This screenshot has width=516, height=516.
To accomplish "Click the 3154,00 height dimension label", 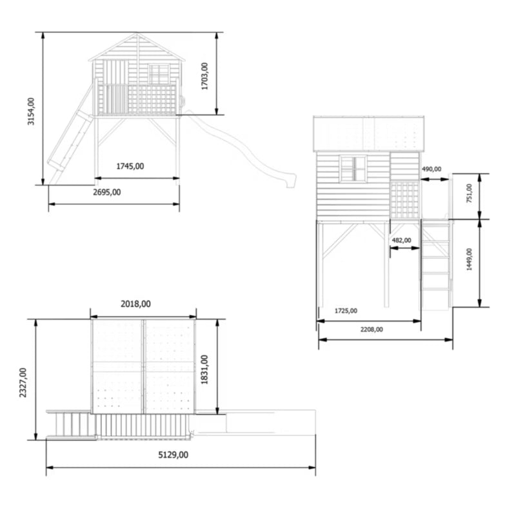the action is [31, 111].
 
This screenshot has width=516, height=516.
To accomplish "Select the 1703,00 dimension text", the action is [204, 76].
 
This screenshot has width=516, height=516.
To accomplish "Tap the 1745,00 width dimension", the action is [130, 166].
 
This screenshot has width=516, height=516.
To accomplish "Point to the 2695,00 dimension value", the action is [107, 192].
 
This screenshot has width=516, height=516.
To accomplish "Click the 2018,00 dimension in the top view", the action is [135, 304].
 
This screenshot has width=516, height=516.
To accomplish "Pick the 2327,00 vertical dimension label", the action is [23, 382].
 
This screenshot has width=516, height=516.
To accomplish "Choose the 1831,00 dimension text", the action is [204, 370].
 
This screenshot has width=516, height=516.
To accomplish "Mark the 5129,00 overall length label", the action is [174, 455].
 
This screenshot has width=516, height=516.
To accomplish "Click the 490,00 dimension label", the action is [432, 169].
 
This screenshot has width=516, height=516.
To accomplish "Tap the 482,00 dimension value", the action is [401, 240].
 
